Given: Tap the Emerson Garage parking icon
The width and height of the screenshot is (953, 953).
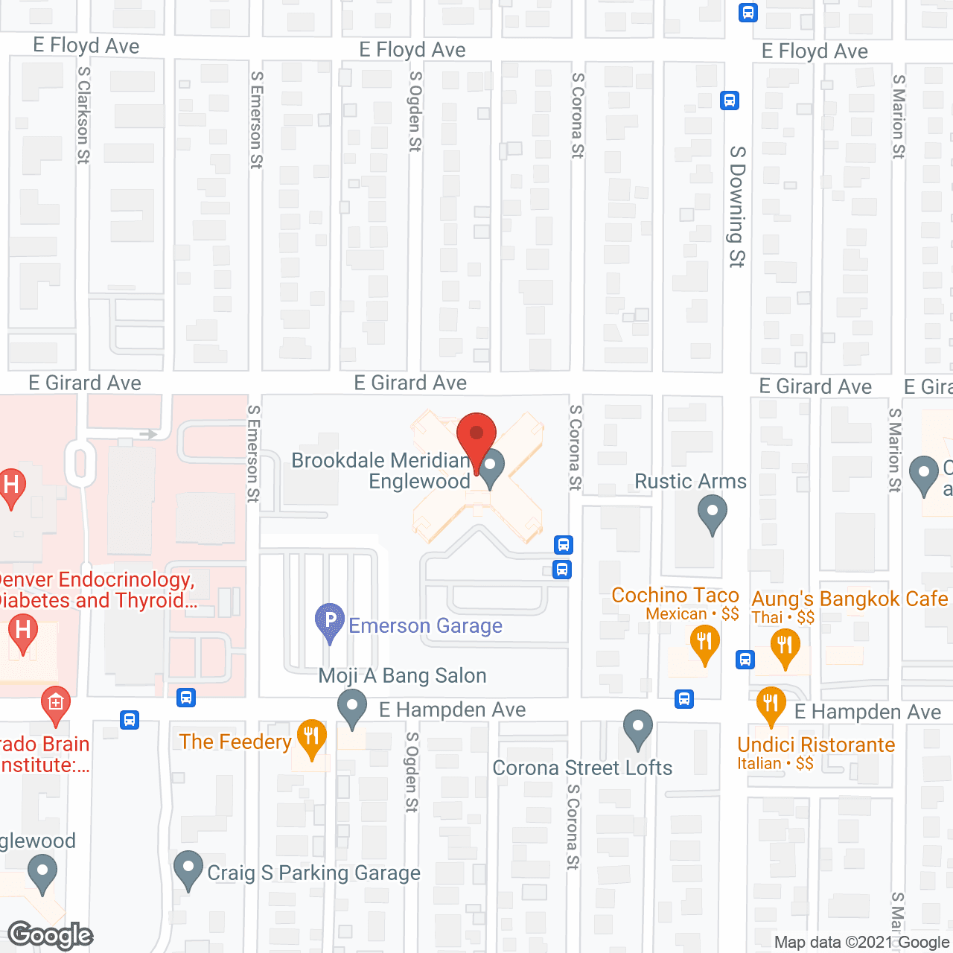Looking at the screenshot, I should click(x=330, y=621).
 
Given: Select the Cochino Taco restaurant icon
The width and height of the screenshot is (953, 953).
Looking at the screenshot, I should click(x=704, y=643).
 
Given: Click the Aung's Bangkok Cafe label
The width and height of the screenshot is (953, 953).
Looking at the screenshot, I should click(x=850, y=599).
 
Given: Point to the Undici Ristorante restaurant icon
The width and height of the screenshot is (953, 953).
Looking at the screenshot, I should click(x=771, y=704).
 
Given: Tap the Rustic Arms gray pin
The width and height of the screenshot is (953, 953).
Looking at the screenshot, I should click(x=713, y=514).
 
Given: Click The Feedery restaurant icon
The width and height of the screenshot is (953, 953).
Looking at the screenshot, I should click(x=311, y=737).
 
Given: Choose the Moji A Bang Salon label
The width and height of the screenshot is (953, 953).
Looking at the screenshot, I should click(x=402, y=676).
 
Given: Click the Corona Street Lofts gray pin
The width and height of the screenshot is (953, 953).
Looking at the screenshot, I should click(x=637, y=728).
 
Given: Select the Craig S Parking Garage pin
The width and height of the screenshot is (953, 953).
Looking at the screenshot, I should click(x=188, y=869).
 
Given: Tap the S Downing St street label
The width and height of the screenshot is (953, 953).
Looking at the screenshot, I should click(x=737, y=206).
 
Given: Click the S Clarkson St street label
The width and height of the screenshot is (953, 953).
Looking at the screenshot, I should click(x=83, y=115).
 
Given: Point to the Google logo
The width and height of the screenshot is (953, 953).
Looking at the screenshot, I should click(x=50, y=935).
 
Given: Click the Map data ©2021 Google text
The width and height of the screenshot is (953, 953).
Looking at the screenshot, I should click(x=861, y=943).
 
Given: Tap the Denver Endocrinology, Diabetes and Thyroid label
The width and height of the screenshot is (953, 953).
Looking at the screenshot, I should click(x=97, y=590).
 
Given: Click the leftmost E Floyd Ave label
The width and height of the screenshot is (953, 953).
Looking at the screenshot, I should click(x=86, y=46).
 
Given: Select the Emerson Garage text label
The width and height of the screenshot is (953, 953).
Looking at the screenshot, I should click(x=425, y=626).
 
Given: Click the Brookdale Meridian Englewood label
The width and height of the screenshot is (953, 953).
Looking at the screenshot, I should click(x=381, y=471).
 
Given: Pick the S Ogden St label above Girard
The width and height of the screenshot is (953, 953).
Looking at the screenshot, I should click(x=415, y=112).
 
